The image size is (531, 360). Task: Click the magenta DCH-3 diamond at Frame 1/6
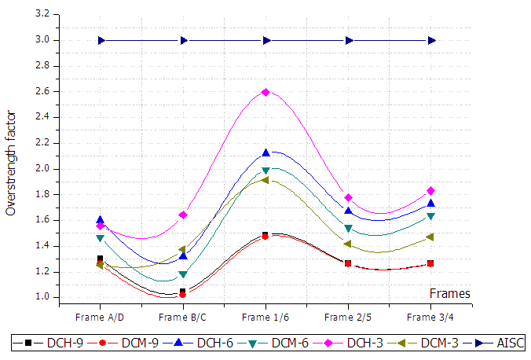(x=266, y=92)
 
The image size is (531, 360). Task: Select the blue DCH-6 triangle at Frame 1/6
(x=266, y=152)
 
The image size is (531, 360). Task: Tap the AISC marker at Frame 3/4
(x=431, y=40)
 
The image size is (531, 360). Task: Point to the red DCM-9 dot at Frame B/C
(x=183, y=295)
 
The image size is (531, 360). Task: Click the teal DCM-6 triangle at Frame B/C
(x=183, y=274)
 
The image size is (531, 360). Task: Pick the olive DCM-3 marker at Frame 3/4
(x=431, y=237)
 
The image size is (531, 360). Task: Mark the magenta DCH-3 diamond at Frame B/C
(x=183, y=215)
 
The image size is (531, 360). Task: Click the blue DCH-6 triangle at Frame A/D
(x=101, y=220)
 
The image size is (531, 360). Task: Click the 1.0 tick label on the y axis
(x=42, y=297)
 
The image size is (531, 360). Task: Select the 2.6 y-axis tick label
(x=42, y=91)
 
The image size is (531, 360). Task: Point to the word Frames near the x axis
(x=450, y=293)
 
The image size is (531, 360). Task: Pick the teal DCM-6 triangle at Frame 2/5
(x=349, y=229)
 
